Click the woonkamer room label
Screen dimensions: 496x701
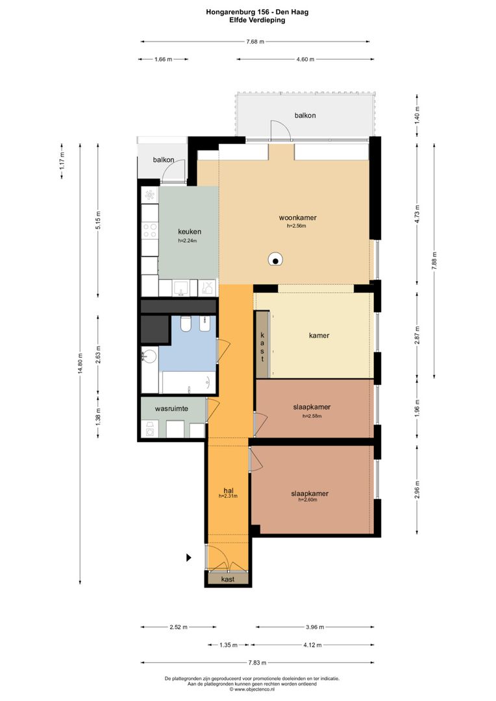click(297, 217)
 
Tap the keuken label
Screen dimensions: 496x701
click(189, 232)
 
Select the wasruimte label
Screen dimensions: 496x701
click(171, 409)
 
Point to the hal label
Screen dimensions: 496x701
click(228, 491)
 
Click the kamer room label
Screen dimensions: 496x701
click(319, 336)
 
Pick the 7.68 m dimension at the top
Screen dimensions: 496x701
click(255, 42)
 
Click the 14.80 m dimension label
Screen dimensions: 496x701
click(80, 362)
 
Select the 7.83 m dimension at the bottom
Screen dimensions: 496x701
click(257, 663)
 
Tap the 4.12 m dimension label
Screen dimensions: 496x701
click(312, 645)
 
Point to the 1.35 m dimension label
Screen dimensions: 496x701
click(228, 645)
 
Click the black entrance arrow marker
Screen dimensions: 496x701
click(189, 558)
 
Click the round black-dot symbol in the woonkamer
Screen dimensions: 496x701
click(275, 259)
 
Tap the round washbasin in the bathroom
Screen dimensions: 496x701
click(149, 357)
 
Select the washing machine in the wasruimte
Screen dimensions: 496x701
click(150, 429)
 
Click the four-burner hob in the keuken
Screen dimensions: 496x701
click(150, 230)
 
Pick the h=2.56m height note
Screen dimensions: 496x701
click(297, 227)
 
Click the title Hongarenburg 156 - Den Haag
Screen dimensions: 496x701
click(257, 12)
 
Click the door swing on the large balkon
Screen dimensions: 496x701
click(280, 129)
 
